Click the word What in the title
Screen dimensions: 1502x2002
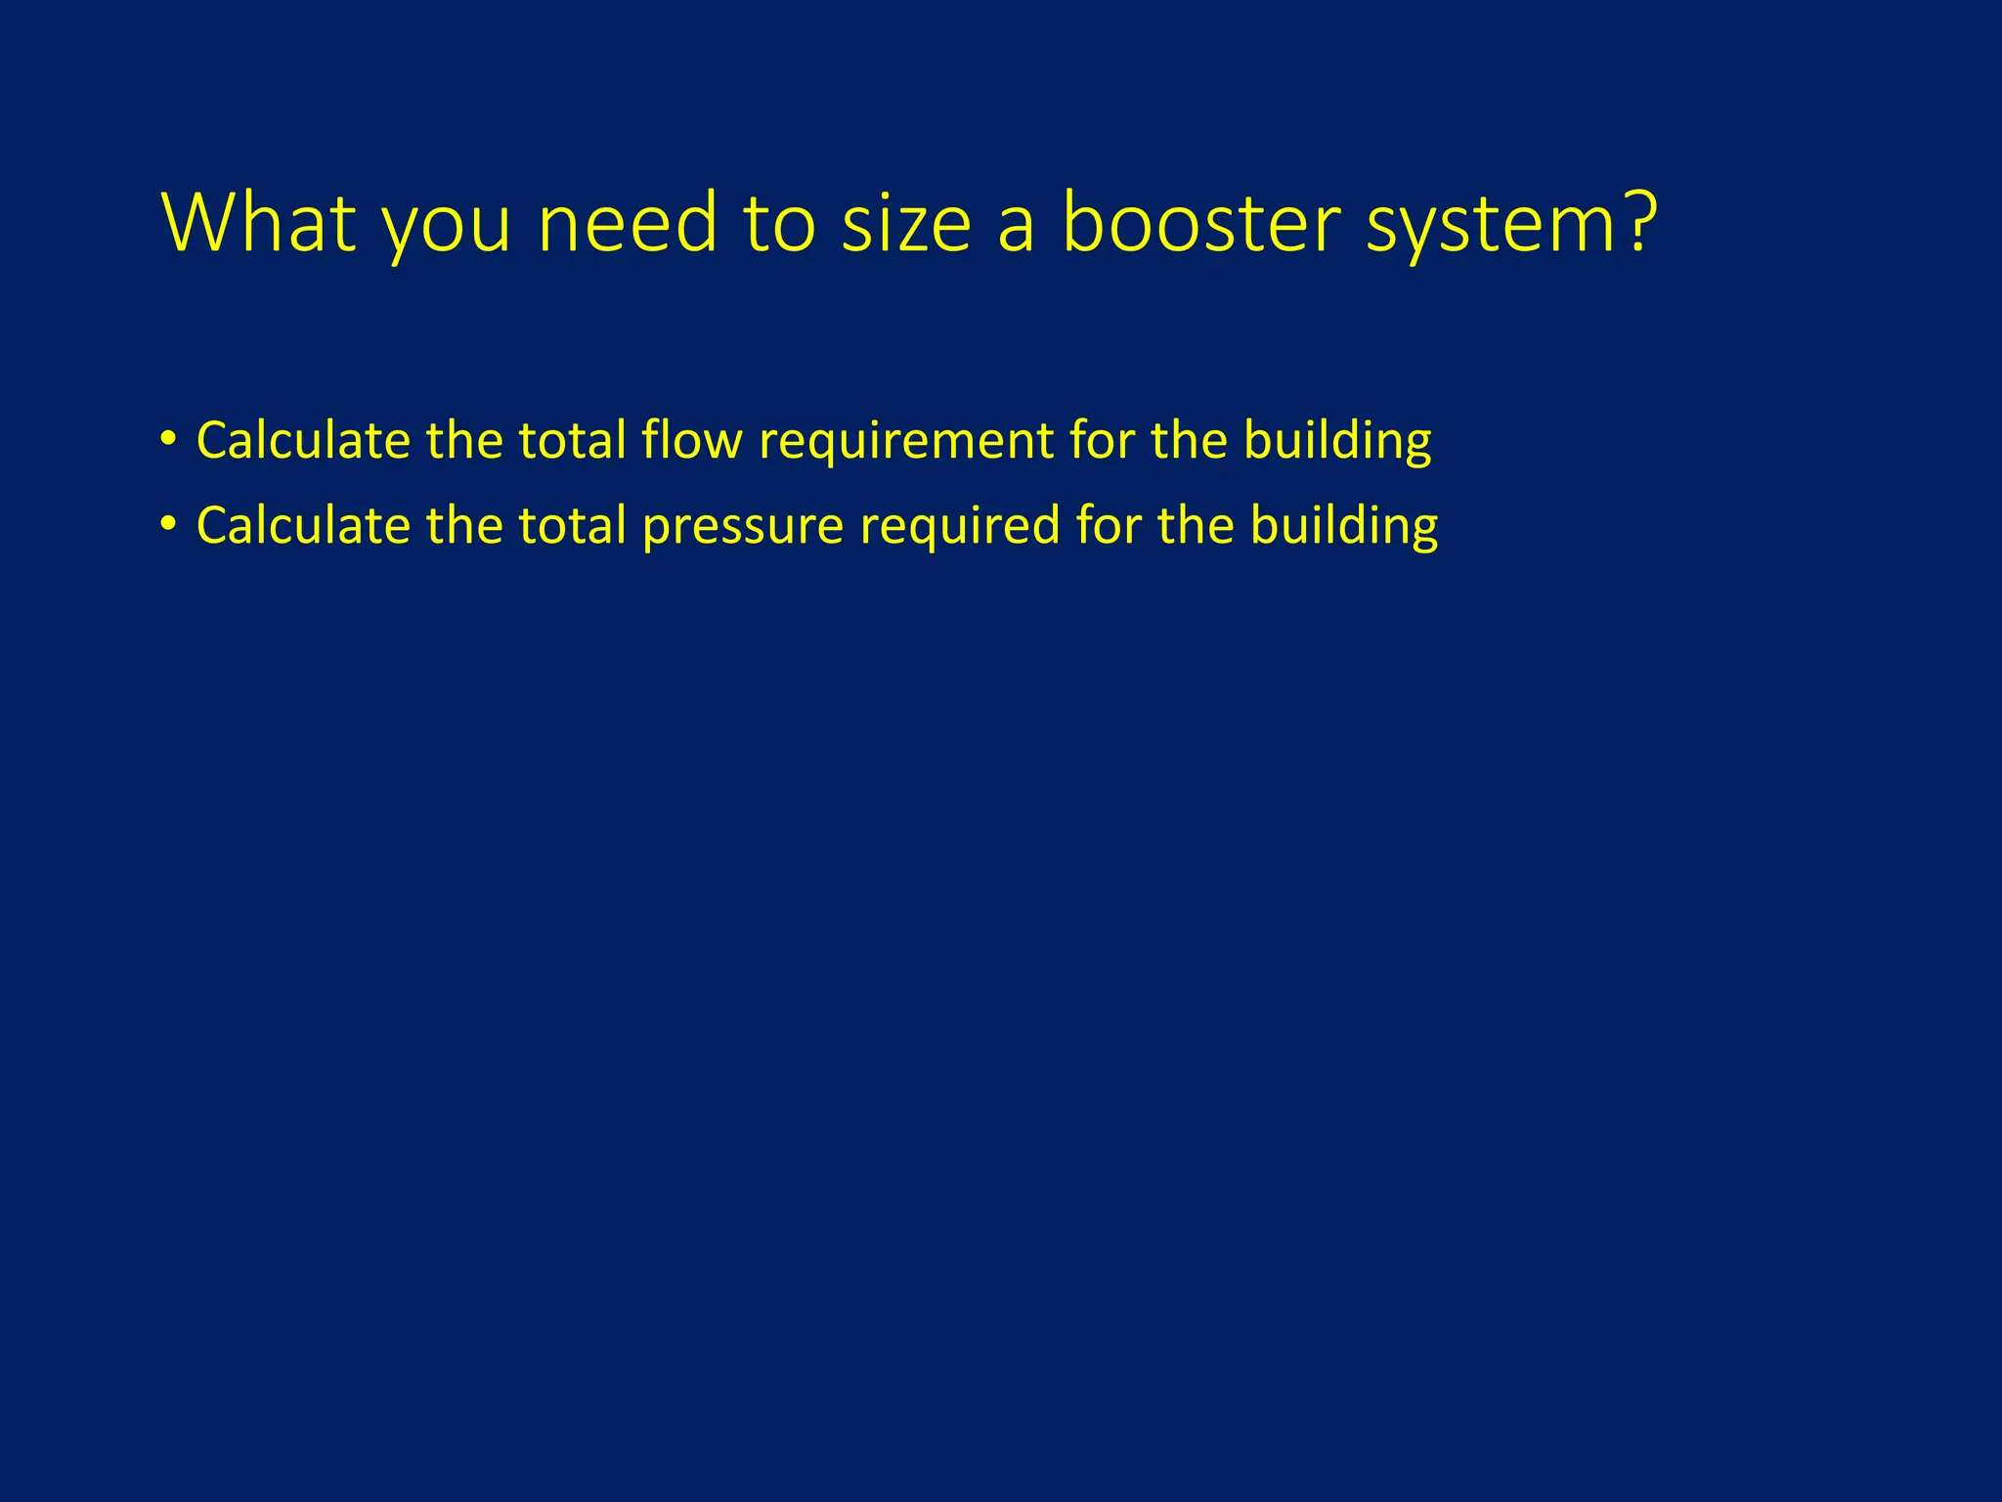click(257, 223)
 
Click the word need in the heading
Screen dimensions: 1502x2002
click(627, 223)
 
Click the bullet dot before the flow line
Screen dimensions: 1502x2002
click(169, 440)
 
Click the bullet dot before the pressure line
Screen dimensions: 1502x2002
click(169, 526)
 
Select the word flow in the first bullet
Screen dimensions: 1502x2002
click(691, 440)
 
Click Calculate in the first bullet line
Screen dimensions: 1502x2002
click(303, 440)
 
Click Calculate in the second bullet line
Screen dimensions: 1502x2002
click(303, 526)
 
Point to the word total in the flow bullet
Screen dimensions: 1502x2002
click(572, 440)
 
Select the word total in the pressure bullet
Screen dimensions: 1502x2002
click(572, 526)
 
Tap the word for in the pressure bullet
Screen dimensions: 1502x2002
click(1109, 526)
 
